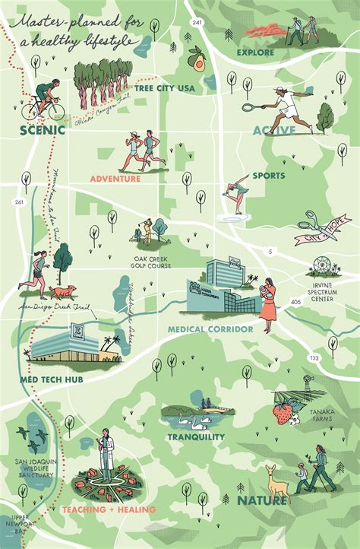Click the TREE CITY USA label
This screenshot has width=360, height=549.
tap(165, 88)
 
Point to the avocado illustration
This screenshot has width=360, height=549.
tap(197, 59)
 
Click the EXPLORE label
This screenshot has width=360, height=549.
tap(255, 52)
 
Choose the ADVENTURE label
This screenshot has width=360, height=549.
tap(115, 179)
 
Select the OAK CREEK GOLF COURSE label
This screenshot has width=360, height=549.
tap(150, 262)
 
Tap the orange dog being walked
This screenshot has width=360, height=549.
tap(65, 290)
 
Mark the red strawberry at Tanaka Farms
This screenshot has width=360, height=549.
tap(283, 414)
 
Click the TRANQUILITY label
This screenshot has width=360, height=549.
tap(196, 436)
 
